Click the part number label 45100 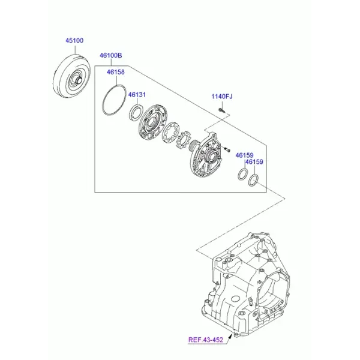point(74,41)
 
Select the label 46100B point(110,56)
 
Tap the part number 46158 point(116,72)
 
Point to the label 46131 point(137,95)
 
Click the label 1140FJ point(222,97)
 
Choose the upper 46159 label point(245,155)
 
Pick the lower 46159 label point(254,162)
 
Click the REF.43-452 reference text point(206,340)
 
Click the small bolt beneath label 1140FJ point(221,110)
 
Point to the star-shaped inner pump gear point(183,140)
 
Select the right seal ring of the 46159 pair point(249,181)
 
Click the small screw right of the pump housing point(227,149)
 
